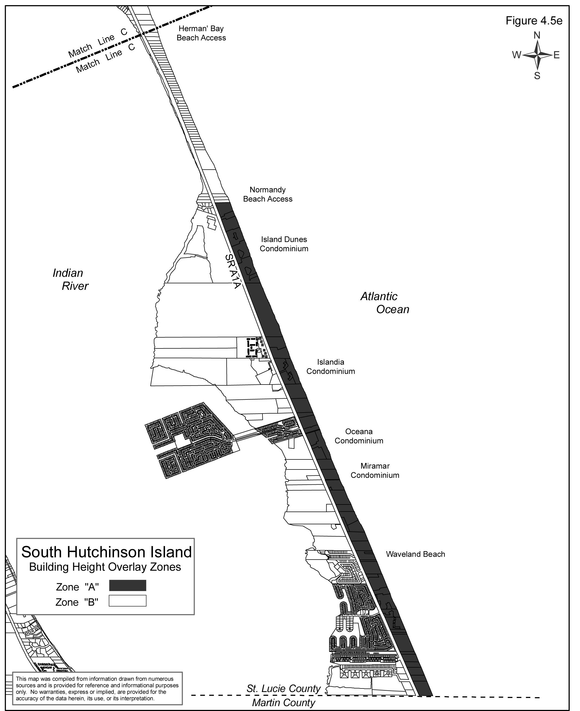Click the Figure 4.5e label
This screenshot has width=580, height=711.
534,21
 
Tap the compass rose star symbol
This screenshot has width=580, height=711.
537,55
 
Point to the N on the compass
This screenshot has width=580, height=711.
537,35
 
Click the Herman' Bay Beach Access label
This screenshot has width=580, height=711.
201,33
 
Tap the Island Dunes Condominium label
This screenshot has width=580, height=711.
284,244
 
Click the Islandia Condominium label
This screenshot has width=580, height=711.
330,367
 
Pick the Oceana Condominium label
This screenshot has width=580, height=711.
359,436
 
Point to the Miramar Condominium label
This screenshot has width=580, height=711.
375,471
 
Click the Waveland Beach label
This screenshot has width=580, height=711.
415,554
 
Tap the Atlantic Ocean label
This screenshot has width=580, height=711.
384,303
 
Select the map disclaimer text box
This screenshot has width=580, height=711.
97,688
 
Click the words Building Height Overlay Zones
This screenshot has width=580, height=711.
105,567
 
